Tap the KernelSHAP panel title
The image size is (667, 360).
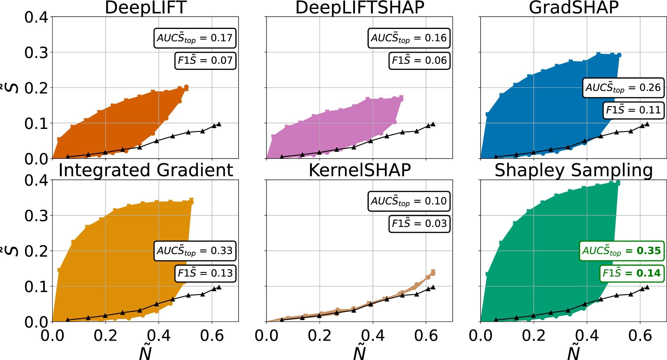360,170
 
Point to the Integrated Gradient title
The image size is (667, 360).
145,170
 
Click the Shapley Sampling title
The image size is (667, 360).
573,170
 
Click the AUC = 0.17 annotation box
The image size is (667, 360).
195,38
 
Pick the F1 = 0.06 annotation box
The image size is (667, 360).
419,60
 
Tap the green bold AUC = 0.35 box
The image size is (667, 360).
621,251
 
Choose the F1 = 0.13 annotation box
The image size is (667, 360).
205,273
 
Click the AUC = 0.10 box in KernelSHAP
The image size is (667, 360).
409,201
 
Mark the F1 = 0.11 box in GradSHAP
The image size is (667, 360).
633,110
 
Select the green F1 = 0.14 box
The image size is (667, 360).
632,273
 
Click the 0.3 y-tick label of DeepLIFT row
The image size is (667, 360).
36,53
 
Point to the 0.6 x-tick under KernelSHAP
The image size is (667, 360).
426,336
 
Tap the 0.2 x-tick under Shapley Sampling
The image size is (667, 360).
534,336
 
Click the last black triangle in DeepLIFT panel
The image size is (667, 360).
219,124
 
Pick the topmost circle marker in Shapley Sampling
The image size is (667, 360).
618,183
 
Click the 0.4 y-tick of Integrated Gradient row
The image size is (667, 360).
36,180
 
